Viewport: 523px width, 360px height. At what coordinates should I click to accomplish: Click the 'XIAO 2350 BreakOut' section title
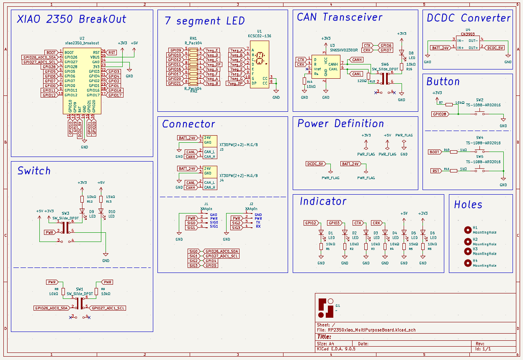(72, 19)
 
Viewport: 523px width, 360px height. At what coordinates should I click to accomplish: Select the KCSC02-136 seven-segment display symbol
(259, 64)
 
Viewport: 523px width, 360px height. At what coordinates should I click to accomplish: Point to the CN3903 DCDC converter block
(467, 44)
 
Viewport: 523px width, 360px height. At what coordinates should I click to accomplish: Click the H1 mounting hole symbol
(467, 229)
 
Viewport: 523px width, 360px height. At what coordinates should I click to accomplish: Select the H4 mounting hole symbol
(467, 263)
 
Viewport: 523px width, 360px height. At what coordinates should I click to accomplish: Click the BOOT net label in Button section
(434, 152)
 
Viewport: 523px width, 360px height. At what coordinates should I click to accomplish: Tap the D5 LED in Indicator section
(404, 232)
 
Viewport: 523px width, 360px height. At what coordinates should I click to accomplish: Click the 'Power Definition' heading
(340, 123)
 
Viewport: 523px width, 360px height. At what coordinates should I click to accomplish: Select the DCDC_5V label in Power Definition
(316, 164)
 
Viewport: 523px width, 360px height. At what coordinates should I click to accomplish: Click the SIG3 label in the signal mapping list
(193, 265)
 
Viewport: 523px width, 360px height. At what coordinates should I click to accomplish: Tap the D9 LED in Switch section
(82, 211)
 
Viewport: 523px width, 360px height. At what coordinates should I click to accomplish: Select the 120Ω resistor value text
(362, 81)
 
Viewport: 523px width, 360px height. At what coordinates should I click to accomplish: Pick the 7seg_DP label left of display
(235, 83)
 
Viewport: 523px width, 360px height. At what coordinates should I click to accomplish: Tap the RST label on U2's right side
(112, 52)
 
